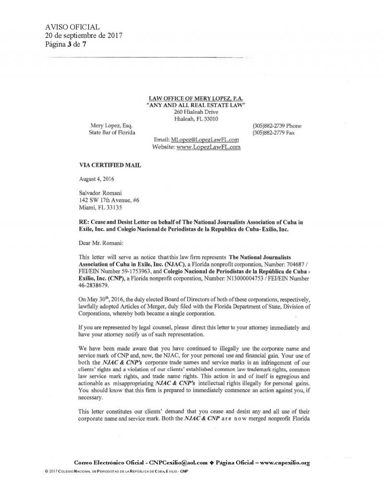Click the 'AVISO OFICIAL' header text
click(x=72, y=27)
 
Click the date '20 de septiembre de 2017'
click(x=84, y=36)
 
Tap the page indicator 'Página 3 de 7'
click(x=66, y=45)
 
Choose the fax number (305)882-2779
click(x=268, y=133)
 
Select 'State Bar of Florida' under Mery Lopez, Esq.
click(x=112, y=133)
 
